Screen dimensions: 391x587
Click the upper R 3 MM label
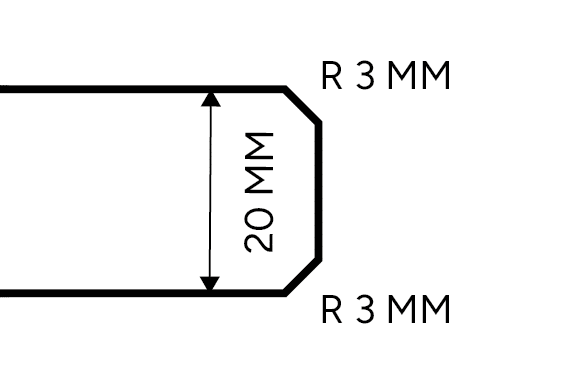coord(386,76)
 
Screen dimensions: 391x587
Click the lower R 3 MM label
coord(386,310)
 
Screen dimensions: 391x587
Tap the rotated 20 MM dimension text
coord(259,190)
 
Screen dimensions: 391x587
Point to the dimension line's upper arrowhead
coord(210,98)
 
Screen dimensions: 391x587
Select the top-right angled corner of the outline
coord(303,106)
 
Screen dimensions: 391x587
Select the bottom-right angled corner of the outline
coord(303,276)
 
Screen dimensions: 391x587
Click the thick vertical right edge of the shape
coord(320,190)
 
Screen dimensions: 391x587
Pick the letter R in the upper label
coord(332,76)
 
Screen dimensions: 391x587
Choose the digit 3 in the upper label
coord(364,76)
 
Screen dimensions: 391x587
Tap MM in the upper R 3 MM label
coord(419,76)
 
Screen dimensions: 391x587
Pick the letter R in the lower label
coord(332,310)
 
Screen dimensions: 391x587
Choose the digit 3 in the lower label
coord(364,310)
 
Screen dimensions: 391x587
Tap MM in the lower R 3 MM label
coord(419,310)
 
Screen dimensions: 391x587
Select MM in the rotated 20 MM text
coord(259,161)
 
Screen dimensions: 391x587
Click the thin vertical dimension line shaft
coord(210,190)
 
